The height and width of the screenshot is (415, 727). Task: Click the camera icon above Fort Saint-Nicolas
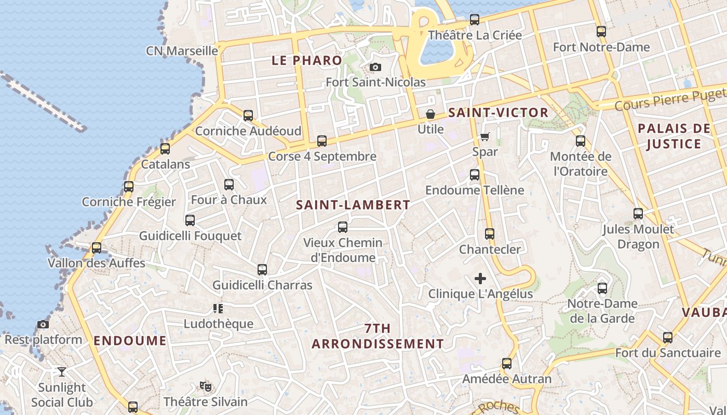click(x=375, y=67)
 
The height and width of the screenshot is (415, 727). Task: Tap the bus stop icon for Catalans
click(x=165, y=149)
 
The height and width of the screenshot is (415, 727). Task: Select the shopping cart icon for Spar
click(x=485, y=136)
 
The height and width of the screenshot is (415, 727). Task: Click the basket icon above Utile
click(x=430, y=114)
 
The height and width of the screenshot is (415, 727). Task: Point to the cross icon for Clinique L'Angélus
click(x=480, y=279)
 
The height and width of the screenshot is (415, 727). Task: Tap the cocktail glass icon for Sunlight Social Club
click(x=62, y=372)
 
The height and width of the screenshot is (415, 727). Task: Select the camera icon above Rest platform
click(x=43, y=325)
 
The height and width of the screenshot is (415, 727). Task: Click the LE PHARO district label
click(x=307, y=60)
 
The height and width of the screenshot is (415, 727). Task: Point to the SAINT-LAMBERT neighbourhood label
click(x=353, y=205)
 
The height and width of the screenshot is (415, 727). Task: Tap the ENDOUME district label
click(x=130, y=341)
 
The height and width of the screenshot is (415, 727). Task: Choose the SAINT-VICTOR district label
click(x=498, y=113)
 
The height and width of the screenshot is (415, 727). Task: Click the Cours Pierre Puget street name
click(x=670, y=100)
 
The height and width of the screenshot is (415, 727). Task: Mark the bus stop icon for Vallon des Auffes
click(x=97, y=248)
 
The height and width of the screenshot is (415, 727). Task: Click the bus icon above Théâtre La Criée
click(x=475, y=20)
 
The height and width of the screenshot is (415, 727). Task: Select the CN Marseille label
click(x=182, y=51)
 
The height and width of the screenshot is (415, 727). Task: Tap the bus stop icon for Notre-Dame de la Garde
click(x=602, y=288)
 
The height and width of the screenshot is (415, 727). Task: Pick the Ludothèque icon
click(x=218, y=309)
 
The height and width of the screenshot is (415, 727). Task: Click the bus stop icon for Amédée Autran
click(x=507, y=364)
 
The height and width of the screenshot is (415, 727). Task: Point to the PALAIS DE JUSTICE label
click(x=674, y=136)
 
